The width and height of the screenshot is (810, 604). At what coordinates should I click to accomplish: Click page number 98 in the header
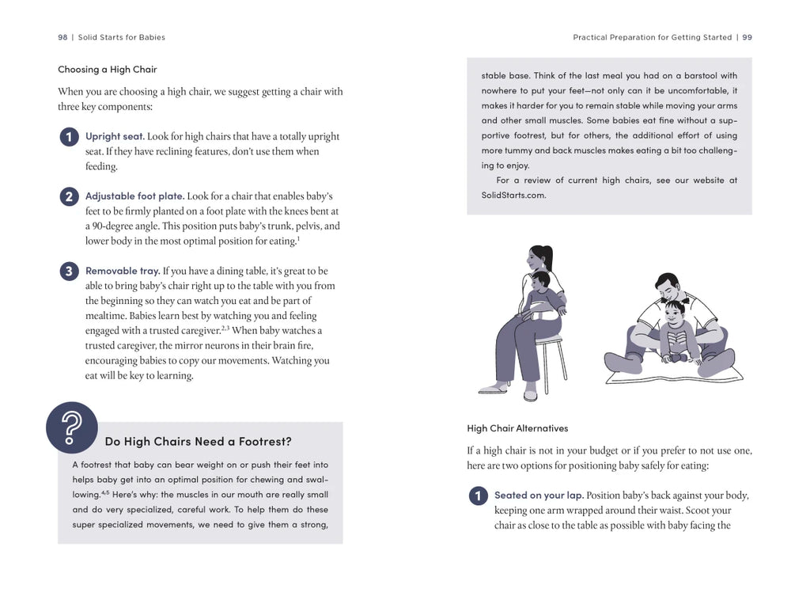click(62, 37)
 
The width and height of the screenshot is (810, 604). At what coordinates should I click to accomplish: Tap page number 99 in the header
click(747, 37)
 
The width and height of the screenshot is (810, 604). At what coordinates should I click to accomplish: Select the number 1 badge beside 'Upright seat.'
click(69, 137)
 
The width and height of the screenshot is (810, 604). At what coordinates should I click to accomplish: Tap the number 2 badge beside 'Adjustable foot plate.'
click(69, 196)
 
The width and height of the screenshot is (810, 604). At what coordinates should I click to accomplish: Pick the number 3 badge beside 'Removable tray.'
click(69, 272)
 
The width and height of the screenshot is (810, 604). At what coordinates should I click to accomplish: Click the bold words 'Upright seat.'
click(115, 136)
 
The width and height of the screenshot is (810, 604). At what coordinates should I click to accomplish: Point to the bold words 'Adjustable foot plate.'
click(134, 196)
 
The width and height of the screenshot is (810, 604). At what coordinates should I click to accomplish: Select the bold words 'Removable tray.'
click(123, 271)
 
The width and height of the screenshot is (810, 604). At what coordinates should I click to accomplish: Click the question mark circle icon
click(72, 427)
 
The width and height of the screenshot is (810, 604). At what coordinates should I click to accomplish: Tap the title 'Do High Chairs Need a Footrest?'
click(198, 441)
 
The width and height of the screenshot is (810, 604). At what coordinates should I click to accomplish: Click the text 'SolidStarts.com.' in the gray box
click(513, 196)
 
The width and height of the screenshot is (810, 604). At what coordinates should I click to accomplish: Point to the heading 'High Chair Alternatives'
click(517, 428)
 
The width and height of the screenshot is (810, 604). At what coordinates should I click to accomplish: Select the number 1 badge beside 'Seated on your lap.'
click(478, 496)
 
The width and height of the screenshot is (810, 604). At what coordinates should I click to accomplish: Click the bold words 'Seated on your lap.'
click(539, 496)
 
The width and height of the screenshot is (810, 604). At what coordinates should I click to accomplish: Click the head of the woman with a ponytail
click(540, 258)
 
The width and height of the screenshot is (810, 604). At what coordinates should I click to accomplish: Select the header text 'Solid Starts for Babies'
click(122, 37)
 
